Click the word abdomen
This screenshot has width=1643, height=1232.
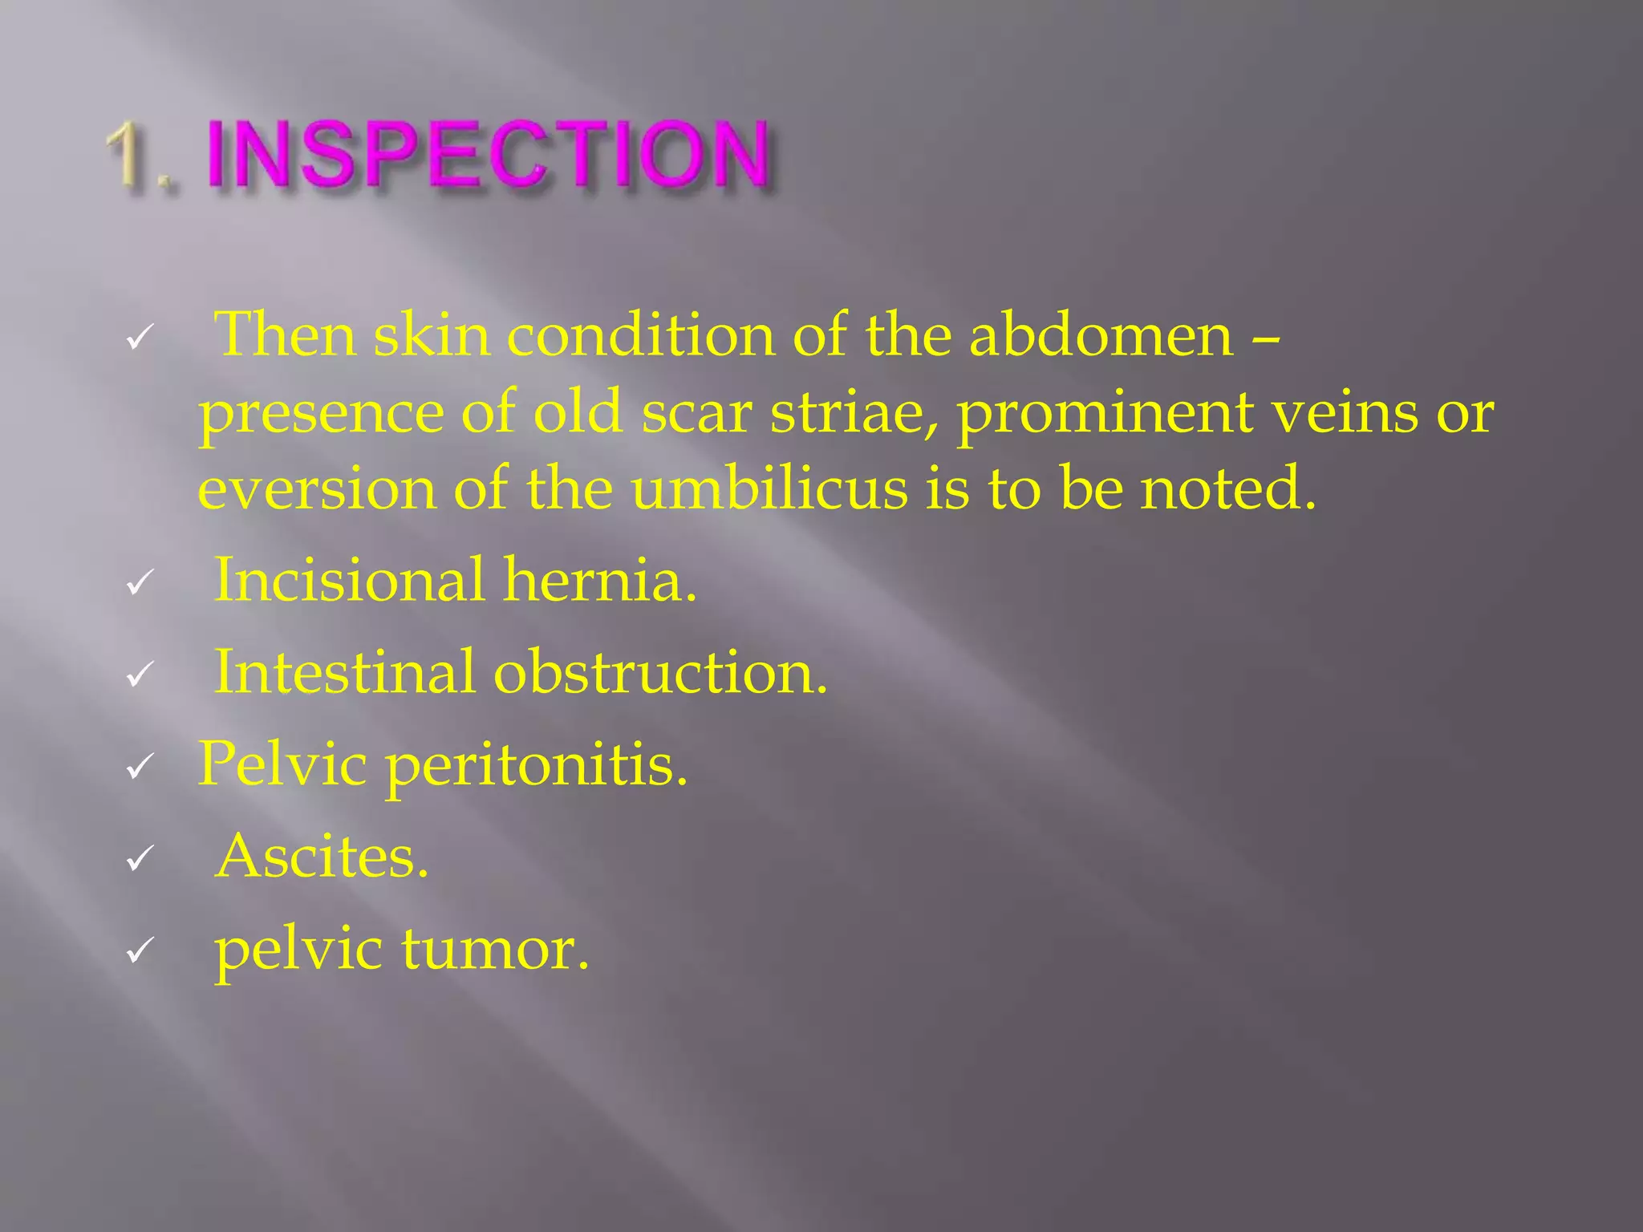coord(1101,335)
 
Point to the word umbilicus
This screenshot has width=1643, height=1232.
coord(769,488)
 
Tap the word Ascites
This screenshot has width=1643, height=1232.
coord(322,857)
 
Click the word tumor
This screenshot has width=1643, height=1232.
coord(495,950)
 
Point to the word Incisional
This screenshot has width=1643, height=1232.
coord(350,580)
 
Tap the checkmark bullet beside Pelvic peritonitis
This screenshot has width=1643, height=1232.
coord(140,768)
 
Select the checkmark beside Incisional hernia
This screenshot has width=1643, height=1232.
coord(140,584)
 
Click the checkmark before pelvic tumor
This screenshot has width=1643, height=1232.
coord(140,953)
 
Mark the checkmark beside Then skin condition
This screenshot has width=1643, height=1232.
coord(140,339)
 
